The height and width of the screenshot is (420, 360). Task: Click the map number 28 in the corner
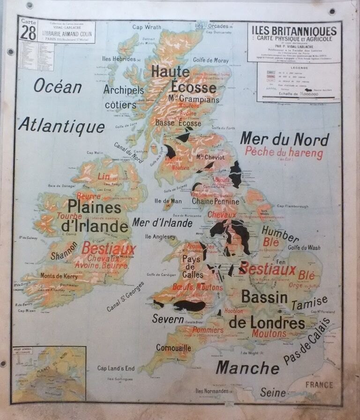coord(28,33)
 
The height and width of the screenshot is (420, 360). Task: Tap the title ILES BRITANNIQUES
coord(294,31)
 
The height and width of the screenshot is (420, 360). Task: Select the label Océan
coord(58,86)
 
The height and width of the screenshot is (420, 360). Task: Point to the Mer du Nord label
coord(284,139)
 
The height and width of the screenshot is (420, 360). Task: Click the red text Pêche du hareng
coord(284,153)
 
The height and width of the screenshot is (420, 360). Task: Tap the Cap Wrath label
coord(147,27)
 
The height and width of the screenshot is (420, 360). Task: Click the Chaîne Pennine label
coord(215,201)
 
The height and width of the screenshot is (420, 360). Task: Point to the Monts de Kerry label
coord(59,276)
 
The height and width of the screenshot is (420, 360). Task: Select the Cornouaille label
coord(174,348)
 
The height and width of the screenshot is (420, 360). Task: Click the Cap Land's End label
coord(116,368)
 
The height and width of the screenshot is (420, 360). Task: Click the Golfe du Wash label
coord(304,247)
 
